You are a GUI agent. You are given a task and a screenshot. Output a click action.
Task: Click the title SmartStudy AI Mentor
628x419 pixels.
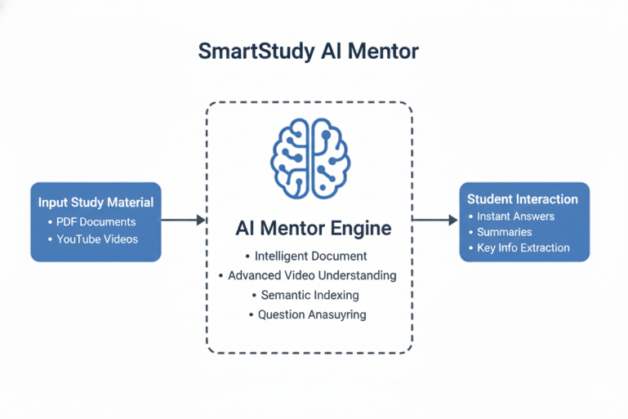(x=309, y=51)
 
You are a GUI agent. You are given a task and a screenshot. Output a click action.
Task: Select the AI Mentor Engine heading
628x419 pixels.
(x=313, y=228)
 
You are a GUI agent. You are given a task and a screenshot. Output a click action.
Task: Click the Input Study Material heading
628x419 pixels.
(x=96, y=203)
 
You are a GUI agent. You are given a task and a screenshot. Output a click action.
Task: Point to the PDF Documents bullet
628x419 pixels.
(x=96, y=221)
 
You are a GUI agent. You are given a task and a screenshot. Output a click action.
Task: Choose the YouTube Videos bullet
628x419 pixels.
(x=97, y=239)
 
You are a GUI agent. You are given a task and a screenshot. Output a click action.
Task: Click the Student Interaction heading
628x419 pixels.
(x=523, y=198)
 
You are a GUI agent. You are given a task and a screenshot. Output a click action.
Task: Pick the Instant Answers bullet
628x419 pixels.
(x=515, y=216)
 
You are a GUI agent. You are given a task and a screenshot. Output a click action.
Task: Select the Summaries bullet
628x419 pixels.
(x=504, y=232)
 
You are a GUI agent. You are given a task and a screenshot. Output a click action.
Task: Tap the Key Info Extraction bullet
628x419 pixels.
(x=523, y=247)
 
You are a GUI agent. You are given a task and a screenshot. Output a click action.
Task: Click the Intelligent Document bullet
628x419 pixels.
(x=310, y=256)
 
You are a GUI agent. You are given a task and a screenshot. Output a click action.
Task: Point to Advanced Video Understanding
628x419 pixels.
(x=312, y=275)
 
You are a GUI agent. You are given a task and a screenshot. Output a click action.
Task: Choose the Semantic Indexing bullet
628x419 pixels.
(x=310, y=295)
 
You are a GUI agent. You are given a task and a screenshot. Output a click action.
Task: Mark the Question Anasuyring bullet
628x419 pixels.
(x=312, y=314)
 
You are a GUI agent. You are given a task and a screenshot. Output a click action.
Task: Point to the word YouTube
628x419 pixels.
(x=78, y=239)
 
